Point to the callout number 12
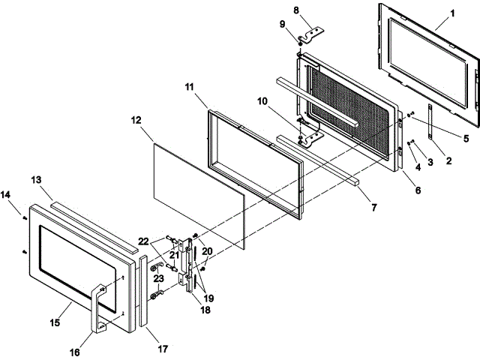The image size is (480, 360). click(136, 140)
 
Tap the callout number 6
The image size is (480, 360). click(418, 190)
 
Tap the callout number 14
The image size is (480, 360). click(6, 194)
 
